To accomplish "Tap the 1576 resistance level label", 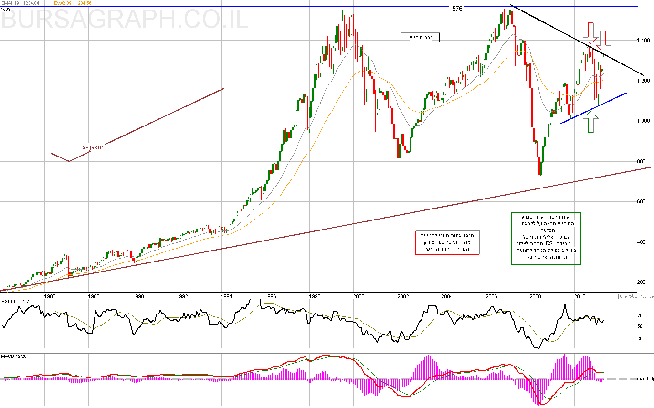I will coord(456,9).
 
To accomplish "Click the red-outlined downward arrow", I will coord(604,41).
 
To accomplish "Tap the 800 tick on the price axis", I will coord(642,162).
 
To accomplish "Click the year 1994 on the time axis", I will coord(227,296).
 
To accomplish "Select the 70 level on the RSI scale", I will coord(639,315).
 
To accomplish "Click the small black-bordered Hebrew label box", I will coord(420,38).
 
